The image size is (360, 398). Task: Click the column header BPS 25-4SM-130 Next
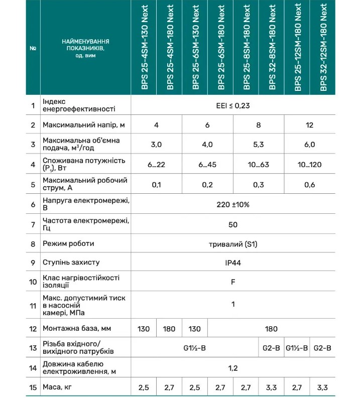[x=145, y=47]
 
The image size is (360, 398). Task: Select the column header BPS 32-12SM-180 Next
[x=323, y=47]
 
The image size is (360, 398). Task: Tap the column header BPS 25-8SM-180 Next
[x=247, y=47]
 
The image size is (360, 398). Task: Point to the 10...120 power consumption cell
[x=310, y=165]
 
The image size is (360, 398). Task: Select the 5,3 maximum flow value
[x=259, y=145]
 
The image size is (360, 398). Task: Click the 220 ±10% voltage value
[x=232, y=205]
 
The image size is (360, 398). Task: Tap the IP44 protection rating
[x=232, y=262]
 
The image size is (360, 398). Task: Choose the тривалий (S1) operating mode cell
[x=232, y=244]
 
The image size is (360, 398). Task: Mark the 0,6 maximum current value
[x=310, y=185]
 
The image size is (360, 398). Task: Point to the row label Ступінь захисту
[x=71, y=262]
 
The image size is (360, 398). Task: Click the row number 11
[x=33, y=305]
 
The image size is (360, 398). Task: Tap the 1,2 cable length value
[x=232, y=368]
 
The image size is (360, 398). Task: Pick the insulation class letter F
[x=232, y=282]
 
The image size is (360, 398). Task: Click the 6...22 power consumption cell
[x=156, y=165]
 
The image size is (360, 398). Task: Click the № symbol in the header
[x=33, y=48]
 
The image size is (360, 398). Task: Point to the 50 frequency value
[x=232, y=224]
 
